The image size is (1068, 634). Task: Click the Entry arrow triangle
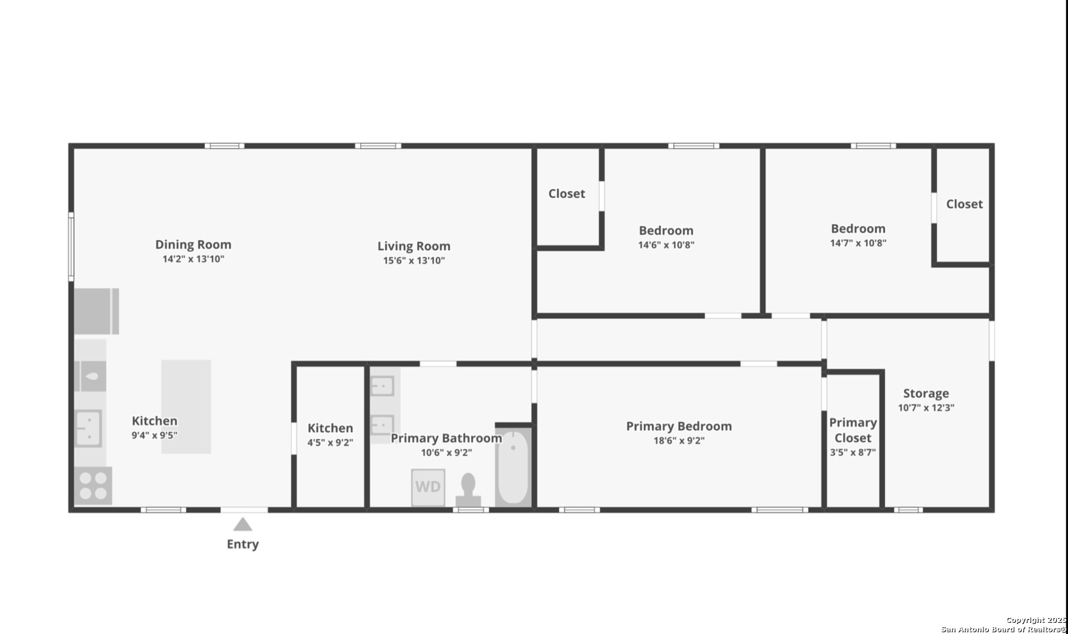243,524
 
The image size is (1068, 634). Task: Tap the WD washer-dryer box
428,487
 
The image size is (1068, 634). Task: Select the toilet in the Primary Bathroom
468,490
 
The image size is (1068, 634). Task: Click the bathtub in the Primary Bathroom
513,467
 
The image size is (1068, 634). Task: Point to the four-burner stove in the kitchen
93,486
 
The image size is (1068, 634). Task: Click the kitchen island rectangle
186,407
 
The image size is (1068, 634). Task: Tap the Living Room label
414,246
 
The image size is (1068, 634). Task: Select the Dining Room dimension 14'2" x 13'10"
194,259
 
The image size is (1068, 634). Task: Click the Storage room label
926,393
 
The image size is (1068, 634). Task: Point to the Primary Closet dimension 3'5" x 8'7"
853,453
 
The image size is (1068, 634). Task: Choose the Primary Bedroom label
679,426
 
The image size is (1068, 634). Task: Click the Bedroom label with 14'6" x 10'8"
666,231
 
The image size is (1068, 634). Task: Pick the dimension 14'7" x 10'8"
858,243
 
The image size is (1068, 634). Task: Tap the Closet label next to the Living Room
567,194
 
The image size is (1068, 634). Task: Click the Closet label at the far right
964,204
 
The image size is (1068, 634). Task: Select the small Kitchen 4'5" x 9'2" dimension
330,443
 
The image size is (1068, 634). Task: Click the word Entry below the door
243,544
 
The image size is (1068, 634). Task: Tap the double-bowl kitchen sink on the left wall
89,428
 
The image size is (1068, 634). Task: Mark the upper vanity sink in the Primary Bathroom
383,386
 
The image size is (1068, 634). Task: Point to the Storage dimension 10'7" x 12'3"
926,408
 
